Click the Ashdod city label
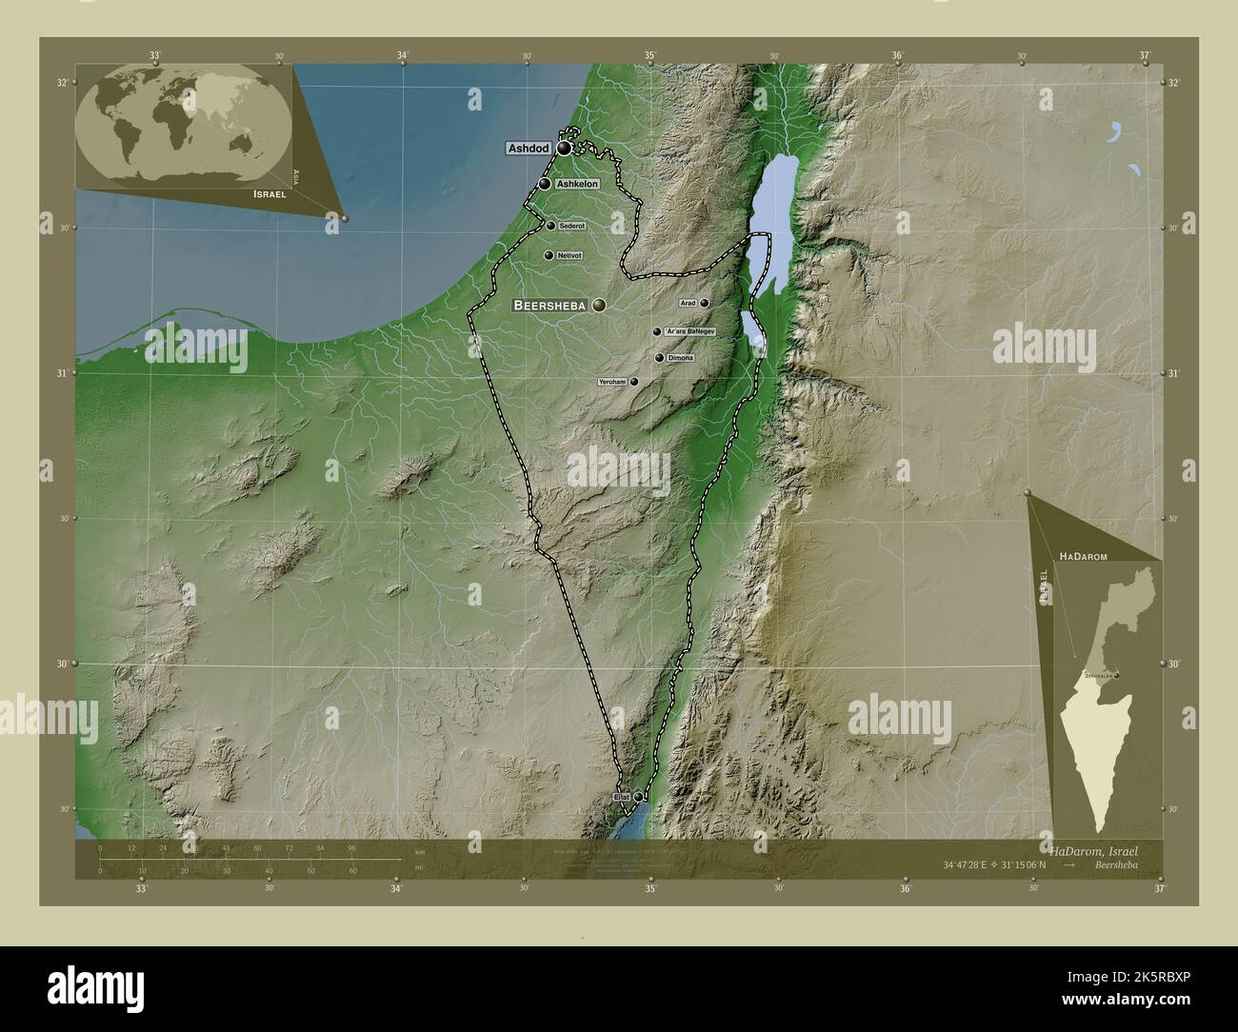click(529, 149)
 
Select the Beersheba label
click(550, 306)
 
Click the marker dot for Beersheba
click(599, 305)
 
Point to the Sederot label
click(572, 226)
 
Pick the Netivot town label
click(570, 255)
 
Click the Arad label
click(688, 303)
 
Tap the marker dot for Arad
click(705, 303)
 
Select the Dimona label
click(681, 358)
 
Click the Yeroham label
click(612, 382)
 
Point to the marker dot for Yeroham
click(634, 382)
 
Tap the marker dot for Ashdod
click(565, 149)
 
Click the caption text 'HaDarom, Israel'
click(1092, 847)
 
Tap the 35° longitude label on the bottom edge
click(650, 888)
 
